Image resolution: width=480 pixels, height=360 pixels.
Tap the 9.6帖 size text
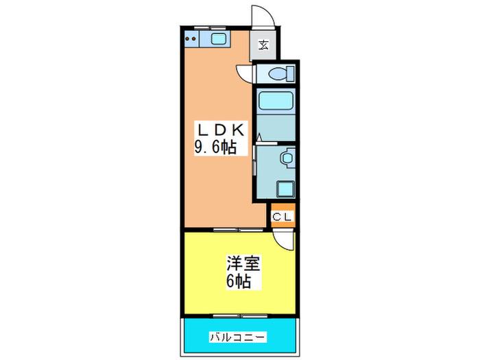coord(216,148)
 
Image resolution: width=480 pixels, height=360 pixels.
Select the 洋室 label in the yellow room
coord(243,263)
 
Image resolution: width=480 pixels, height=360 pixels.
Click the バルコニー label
coord(237,337)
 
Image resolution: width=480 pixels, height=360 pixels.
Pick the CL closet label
coord(282,217)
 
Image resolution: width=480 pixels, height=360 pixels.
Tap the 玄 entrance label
coord(263,45)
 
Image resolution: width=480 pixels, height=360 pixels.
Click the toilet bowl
coord(281,74)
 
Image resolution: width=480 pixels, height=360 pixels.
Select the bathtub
coord(276,101)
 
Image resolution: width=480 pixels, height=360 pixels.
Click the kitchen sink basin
coord(218,38)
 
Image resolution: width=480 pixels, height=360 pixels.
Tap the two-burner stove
coord(191,39)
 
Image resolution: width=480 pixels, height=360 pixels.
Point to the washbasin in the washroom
coord(288,158)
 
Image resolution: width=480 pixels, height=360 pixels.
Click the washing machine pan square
coord(285,189)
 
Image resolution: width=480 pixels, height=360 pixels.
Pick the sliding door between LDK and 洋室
coord(238,229)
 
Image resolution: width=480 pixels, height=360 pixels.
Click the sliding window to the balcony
coord(240,316)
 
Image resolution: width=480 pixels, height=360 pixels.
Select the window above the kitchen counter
coord(210,28)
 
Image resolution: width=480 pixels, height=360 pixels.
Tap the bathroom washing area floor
coord(276,128)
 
